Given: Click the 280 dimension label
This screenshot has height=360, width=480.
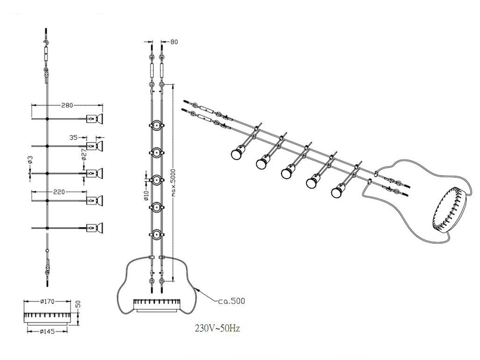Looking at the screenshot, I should pyautogui.click(x=67, y=106).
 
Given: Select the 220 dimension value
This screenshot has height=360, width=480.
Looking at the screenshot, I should pyautogui.click(x=58, y=194).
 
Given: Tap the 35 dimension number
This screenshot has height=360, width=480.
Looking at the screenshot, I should pyautogui.click(x=74, y=137).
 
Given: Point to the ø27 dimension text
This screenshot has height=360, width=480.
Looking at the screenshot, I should pyautogui.click(x=84, y=155).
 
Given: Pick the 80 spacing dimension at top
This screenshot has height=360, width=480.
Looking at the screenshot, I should pyautogui.click(x=175, y=42).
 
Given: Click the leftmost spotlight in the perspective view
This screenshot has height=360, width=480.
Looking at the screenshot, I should pyautogui.click(x=235, y=154).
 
